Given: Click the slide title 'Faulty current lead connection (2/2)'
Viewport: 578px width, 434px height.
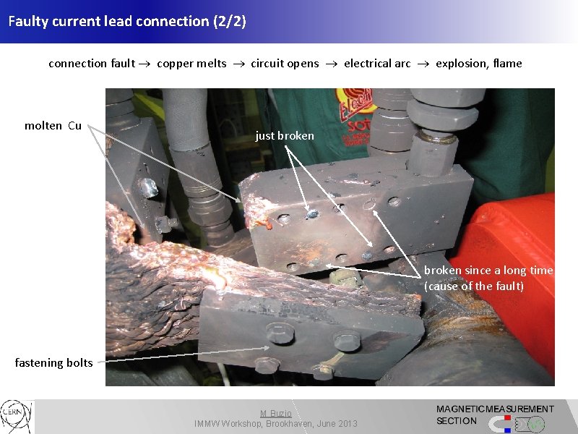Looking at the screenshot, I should (127, 21).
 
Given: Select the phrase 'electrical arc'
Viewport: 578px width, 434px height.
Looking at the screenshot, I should (377, 64).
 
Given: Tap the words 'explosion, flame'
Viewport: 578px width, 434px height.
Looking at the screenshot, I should (478, 64).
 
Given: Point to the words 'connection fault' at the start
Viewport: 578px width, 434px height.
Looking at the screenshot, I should (92, 64).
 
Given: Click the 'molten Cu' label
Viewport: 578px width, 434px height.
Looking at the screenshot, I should (53, 126).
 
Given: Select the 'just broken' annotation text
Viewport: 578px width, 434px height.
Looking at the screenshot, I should (285, 135).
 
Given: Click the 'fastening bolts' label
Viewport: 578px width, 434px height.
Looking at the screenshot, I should (53, 362).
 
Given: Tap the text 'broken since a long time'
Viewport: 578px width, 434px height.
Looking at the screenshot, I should (488, 271).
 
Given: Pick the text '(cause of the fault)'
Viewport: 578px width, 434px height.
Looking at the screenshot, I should (474, 286).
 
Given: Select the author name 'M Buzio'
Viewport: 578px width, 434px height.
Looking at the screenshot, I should (276, 414).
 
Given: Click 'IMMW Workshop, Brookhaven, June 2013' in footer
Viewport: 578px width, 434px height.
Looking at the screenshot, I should (276, 424).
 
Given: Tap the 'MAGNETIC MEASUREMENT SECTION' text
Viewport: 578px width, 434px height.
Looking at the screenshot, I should (495, 414).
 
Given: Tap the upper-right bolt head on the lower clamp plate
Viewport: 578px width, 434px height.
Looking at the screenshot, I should (346, 339).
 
